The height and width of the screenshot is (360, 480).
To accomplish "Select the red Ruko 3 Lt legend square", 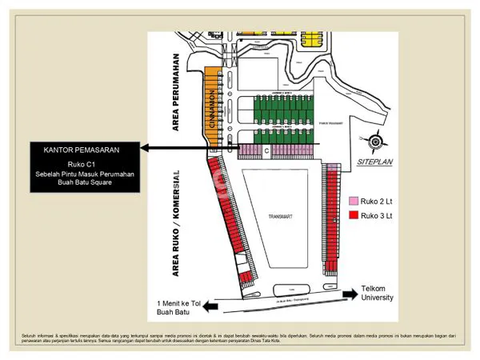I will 354,215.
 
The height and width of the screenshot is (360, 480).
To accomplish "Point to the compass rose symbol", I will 377,143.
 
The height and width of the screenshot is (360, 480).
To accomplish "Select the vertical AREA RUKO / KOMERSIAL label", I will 180,222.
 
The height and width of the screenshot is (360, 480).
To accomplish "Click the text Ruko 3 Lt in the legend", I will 378,215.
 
